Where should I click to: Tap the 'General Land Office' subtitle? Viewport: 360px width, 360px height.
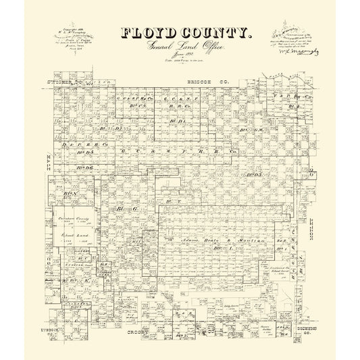coord(179,46)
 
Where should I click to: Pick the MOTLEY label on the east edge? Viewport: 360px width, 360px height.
coord(308,231)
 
